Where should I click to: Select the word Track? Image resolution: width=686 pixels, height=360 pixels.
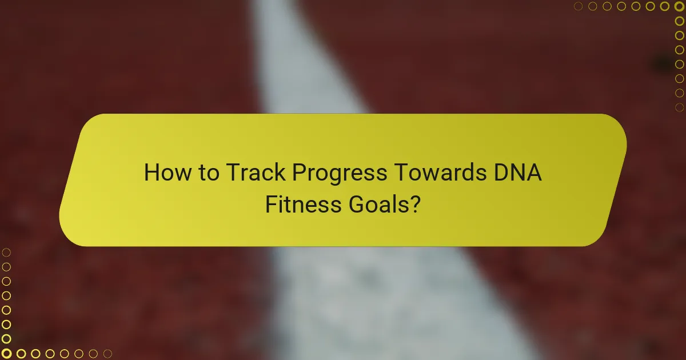click(256, 173)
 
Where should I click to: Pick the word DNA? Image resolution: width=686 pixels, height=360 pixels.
click(519, 173)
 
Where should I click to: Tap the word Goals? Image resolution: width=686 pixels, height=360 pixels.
click(377, 203)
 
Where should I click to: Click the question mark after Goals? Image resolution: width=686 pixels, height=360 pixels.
click(416, 203)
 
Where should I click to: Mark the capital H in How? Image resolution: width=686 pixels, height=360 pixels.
click(151, 173)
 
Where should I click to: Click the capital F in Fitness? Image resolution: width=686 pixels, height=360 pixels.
click(270, 203)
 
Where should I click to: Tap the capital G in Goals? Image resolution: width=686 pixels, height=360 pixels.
click(358, 203)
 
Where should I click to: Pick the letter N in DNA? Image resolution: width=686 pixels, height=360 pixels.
click(517, 173)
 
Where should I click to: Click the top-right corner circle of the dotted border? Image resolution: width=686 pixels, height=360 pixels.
click(680, 6)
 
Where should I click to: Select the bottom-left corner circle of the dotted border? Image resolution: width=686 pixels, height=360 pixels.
click(6, 354)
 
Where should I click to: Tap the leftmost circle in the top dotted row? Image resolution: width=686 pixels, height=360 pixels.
click(579, 6)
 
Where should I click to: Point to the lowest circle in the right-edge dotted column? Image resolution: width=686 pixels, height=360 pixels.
click(680, 107)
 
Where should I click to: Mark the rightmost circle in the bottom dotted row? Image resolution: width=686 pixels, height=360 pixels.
click(107, 354)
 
